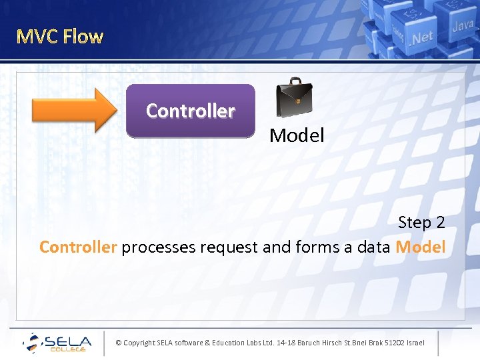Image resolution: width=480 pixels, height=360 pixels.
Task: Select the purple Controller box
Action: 190,111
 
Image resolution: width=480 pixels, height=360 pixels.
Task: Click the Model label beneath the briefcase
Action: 297,135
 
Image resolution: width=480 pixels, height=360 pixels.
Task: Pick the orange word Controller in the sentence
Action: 78,247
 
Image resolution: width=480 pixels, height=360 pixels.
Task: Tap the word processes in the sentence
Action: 153,247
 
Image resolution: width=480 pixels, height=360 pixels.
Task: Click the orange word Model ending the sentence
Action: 420,247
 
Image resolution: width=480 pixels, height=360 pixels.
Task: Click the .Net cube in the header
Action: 421,37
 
